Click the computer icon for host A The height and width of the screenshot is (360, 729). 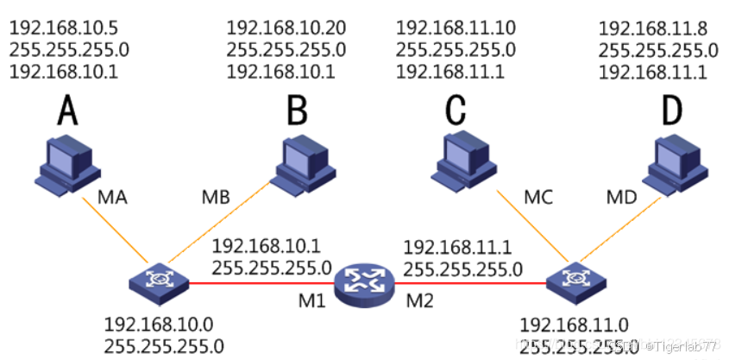(x=65, y=165)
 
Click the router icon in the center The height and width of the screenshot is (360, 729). (x=365, y=281)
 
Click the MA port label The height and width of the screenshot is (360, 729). (x=112, y=198)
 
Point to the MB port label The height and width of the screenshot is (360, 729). (x=215, y=198)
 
